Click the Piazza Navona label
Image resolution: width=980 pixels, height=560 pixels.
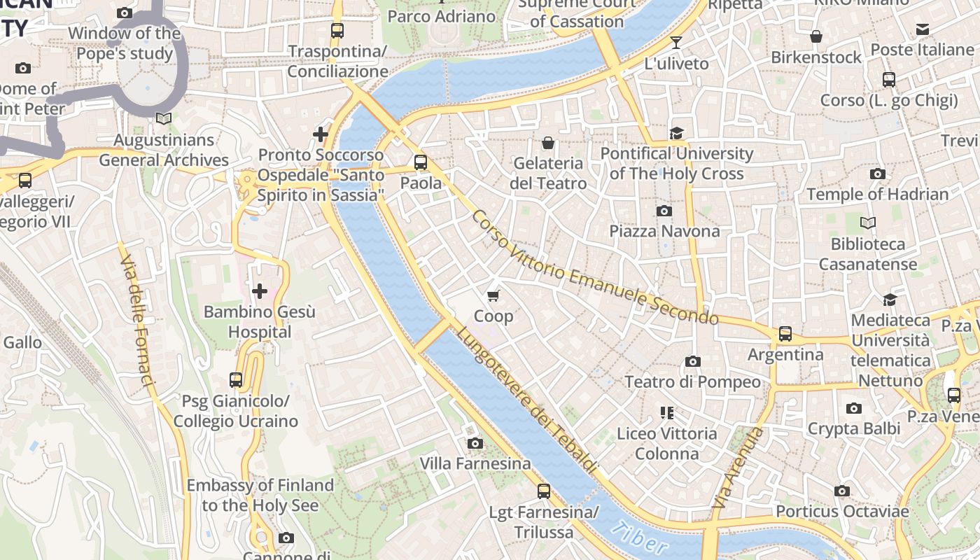tap(664, 231)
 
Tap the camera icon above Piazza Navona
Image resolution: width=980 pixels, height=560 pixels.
tap(664, 211)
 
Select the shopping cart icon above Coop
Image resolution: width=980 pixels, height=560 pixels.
tap(493, 295)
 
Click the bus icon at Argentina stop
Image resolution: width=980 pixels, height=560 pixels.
tap(785, 334)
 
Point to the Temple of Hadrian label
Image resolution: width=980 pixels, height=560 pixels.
tap(877, 194)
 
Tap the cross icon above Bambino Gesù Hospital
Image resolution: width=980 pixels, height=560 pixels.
tap(260, 291)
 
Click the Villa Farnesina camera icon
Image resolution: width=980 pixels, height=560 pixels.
tap(475, 443)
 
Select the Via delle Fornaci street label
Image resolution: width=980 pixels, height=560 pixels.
tap(136, 321)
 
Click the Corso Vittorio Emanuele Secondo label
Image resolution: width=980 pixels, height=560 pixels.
tap(594, 268)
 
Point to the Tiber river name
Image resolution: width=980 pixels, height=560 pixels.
tap(638, 539)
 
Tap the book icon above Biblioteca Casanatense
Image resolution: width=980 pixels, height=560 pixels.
tap(867, 223)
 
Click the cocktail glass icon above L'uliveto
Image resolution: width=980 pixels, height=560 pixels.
tap(675, 43)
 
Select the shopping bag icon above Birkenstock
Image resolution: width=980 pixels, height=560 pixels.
tap(816, 36)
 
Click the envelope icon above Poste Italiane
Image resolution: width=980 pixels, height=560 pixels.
tap(922, 29)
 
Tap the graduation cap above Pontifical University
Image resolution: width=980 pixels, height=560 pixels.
tap(676, 133)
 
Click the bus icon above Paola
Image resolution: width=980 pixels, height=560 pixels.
tap(421, 162)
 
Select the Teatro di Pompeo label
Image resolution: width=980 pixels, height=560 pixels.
tap(692, 381)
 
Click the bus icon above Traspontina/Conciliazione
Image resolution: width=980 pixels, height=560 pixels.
tap(337, 31)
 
